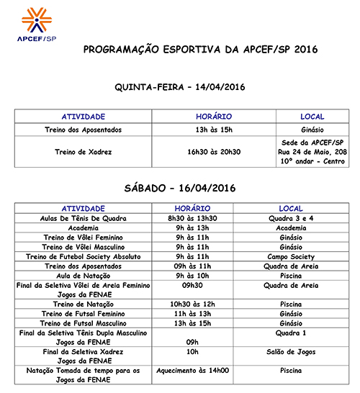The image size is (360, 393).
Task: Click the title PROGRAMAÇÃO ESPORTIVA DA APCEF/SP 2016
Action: [x=200, y=50]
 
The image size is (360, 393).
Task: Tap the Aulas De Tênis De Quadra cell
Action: [x=84, y=218]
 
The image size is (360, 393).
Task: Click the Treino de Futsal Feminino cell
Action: [x=84, y=314]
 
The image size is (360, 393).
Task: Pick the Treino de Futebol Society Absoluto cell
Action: [x=84, y=256]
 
